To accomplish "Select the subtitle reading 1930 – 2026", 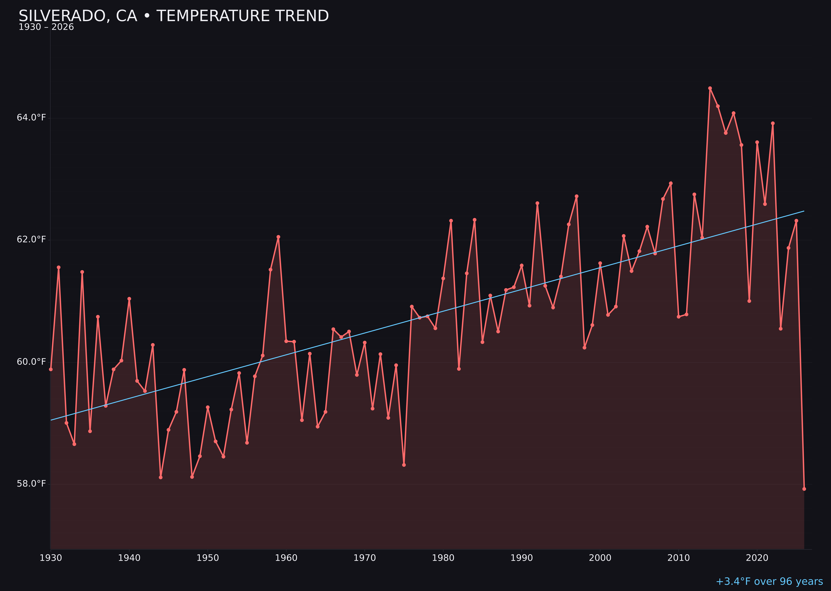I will point(46,27).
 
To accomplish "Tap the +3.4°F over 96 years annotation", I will point(769,581).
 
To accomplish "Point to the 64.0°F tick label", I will point(31,118).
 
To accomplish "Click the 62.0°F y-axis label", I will point(31,239).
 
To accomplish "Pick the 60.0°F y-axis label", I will point(31,362).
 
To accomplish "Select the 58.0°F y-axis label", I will point(31,484).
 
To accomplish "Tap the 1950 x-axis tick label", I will point(208,558).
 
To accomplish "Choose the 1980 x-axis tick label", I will point(443,558).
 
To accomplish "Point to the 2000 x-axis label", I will point(600,558).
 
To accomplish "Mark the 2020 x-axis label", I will point(757,558).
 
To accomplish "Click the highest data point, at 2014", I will point(710,88).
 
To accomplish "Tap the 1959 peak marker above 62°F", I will point(278,237).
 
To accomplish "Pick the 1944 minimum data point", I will point(160,477).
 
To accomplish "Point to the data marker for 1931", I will point(59,267).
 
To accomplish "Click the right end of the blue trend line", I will point(804,211).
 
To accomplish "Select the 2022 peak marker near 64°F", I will point(773,123).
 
